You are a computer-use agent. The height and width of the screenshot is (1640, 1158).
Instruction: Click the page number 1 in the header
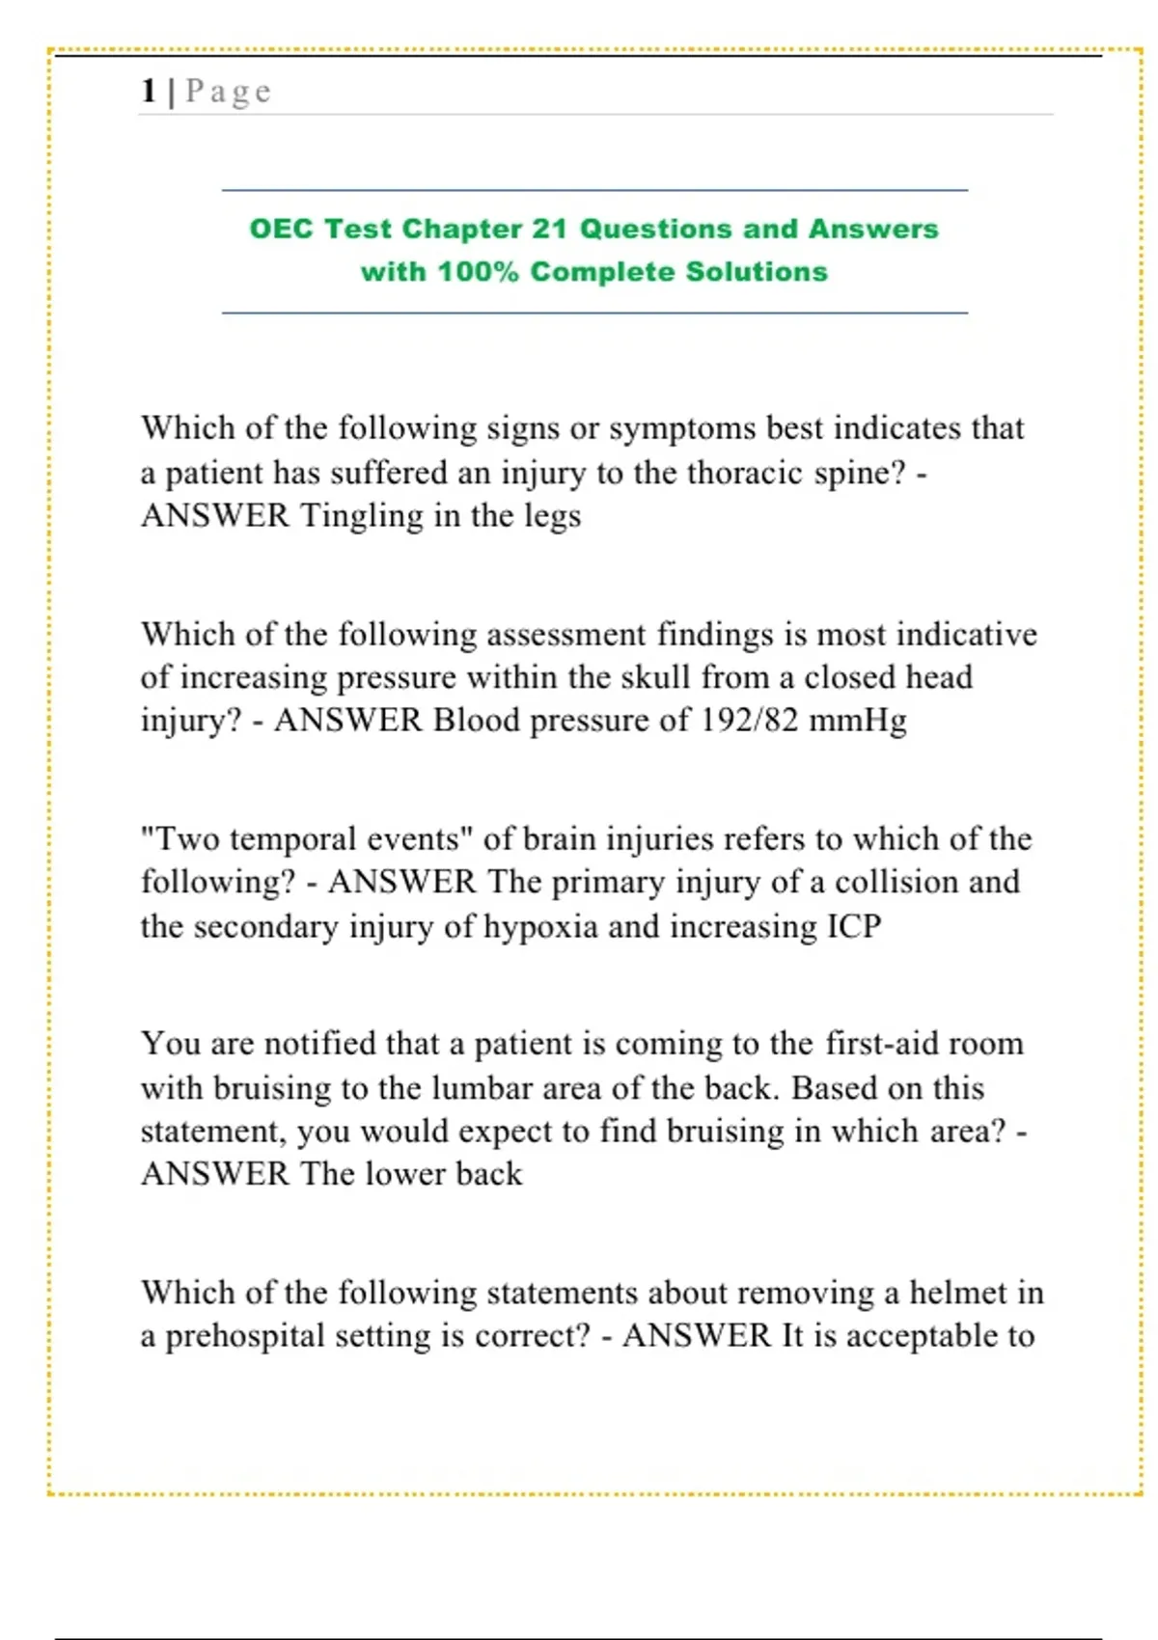coord(149,91)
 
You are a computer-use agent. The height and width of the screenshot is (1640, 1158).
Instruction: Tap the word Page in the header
coord(229,92)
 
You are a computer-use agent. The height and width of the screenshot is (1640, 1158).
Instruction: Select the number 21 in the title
coord(549,229)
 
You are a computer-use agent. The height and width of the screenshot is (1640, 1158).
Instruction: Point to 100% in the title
coord(478,272)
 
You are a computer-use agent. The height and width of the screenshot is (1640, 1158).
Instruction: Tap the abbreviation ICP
coord(854,926)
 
